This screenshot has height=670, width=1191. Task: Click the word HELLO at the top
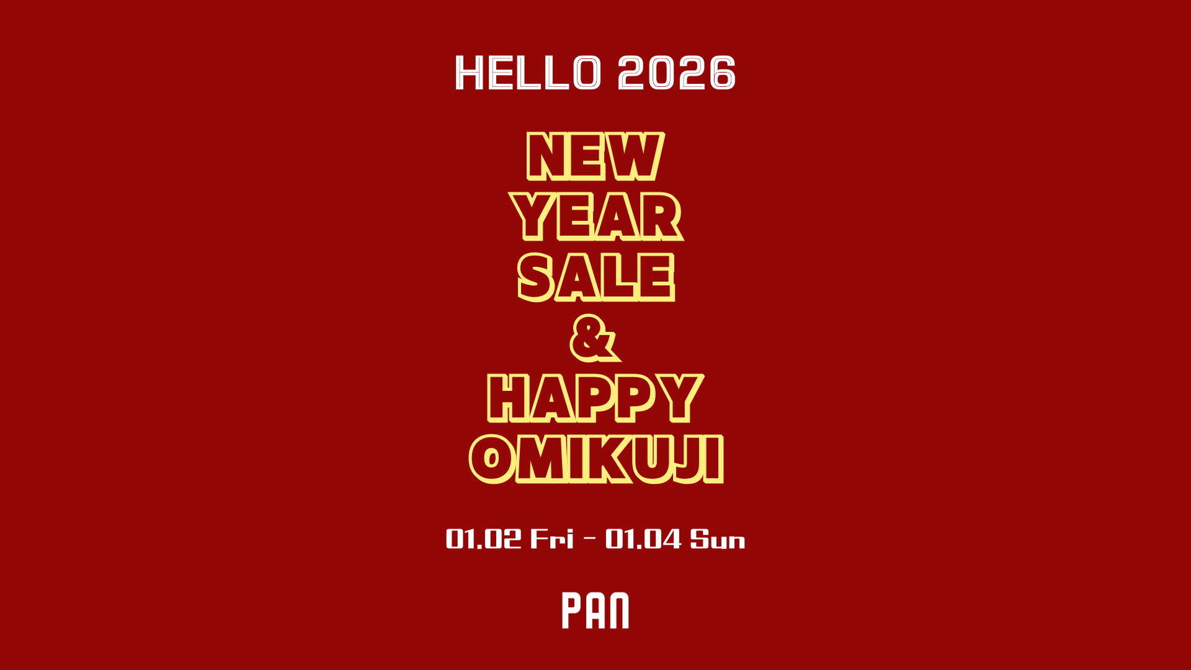pyautogui.click(x=529, y=73)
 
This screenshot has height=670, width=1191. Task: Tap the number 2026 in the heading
pyautogui.click(x=677, y=73)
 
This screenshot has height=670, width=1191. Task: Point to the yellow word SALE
pyautogui.click(x=596, y=277)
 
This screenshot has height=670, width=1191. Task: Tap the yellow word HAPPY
pyautogui.click(x=595, y=398)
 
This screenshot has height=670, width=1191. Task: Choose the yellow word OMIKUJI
pyautogui.click(x=597, y=459)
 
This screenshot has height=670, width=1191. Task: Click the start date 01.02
pyautogui.click(x=484, y=538)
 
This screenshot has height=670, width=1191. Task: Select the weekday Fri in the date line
pyautogui.click(x=552, y=538)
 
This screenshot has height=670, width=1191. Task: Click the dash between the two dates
pyautogui.click(x=590, y=538)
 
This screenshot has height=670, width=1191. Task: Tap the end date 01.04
pyautogui.click(x=643, y=538)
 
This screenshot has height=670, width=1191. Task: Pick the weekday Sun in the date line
pyautogui.click(x=718, y=538)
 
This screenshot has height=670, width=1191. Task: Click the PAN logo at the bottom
pyautogui.click(x=595, y=610)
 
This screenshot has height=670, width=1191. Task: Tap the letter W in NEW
pyautogui.click(x=635, y=156)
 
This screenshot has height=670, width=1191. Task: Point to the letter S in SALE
pyautogui.click(x=536, y=277)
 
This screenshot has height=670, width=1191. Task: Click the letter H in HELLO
pyautogui.click(x=470, y=73)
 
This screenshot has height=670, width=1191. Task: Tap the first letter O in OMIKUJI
pyautogui.click(x=491, y=459)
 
